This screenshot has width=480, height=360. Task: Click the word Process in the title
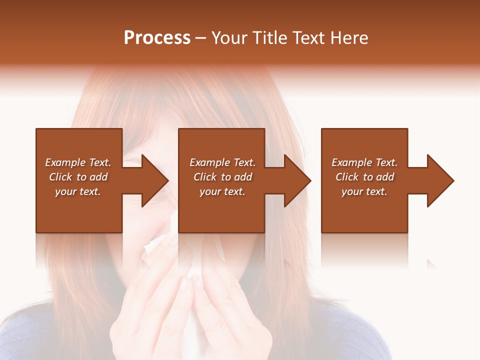coord(157,38)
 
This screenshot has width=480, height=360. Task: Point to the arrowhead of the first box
coord(155,180)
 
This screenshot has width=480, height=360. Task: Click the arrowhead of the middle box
coord(298,180)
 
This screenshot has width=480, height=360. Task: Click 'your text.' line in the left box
coord(78,191)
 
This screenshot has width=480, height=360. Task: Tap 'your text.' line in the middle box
coord(222,191)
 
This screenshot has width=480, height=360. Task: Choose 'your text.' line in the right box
coord(364,191)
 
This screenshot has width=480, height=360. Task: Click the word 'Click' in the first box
coord(60,177)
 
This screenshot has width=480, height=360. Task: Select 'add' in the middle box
coord(243,177)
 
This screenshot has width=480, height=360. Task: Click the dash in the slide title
coord(200,38)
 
